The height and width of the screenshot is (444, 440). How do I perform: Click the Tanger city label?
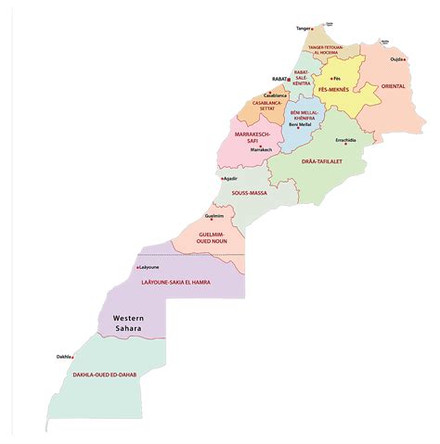[x=304, y=29]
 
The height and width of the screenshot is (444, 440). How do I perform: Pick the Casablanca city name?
[x=276, y=95]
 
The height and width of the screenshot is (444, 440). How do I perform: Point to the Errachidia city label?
[x=344, y=140]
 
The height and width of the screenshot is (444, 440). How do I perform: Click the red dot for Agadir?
[x=222, y=178]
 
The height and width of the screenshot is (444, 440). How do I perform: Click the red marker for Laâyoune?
[x=137, y=268]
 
